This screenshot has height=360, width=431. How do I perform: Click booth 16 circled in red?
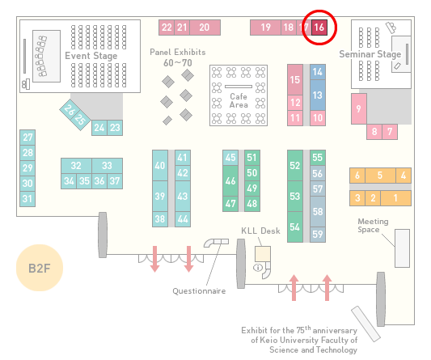[319, 28]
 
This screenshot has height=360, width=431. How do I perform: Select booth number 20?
[205, 28]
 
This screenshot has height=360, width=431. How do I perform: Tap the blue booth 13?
[318, 95]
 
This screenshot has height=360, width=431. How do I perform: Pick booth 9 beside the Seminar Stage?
[359, 109]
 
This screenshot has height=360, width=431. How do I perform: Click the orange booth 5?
[380, 176]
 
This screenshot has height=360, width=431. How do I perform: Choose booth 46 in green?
[230, 180]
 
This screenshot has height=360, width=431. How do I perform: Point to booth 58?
[318, 211]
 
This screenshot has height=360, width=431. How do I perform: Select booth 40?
[160, 165]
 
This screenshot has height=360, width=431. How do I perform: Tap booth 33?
[108, 166]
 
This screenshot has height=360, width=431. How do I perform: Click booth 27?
[27, 138]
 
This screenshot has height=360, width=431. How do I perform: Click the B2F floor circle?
[40, 268]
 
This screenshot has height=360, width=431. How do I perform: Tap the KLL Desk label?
[260, 231]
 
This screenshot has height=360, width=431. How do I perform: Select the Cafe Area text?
[239, 100]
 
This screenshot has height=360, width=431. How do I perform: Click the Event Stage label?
[91, 56]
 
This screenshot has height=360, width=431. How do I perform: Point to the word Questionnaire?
[199, 291]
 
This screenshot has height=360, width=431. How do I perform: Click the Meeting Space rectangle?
[402, 248]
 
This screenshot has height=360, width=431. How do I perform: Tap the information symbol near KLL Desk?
[258, 267]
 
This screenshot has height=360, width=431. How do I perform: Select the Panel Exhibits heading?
[178, 52]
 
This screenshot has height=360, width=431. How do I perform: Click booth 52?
[295, 165]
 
